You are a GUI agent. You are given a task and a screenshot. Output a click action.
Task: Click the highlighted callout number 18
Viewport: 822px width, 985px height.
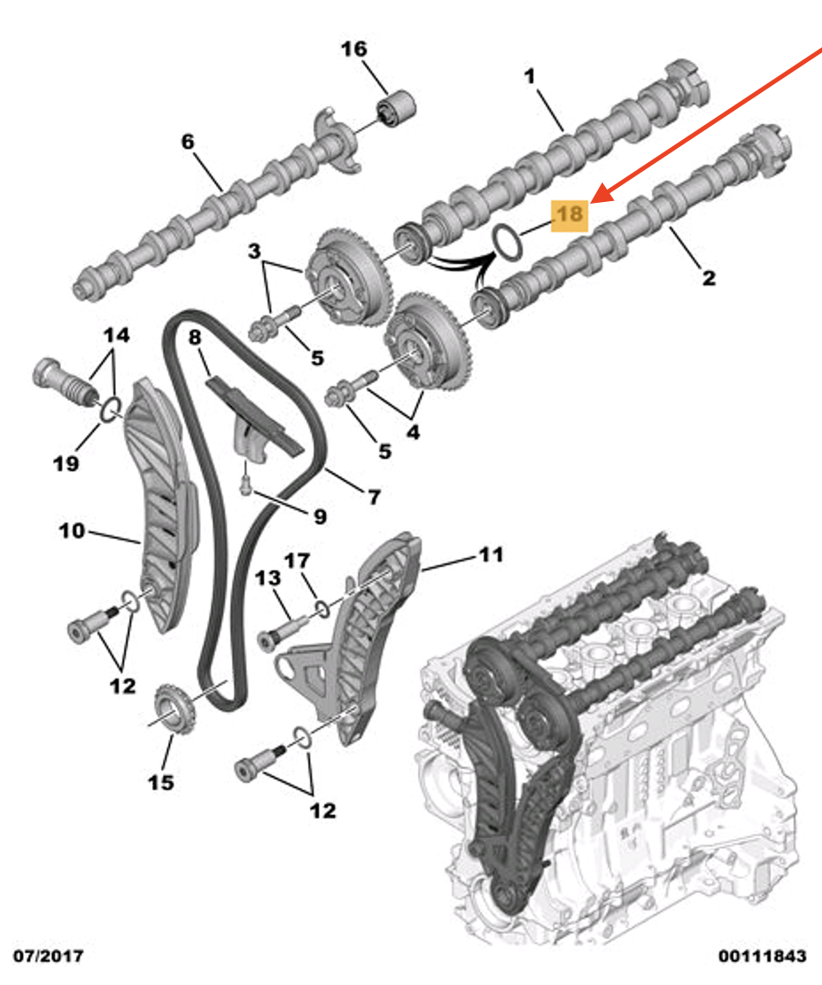[x=570, y=215]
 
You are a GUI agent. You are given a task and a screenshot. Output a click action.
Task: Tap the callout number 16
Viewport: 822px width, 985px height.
[x=353, y=49]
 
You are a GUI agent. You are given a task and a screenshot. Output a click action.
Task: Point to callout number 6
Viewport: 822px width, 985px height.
[x=188, y=142]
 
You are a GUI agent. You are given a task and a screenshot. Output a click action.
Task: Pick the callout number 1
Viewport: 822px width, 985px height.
[x=530, y=77]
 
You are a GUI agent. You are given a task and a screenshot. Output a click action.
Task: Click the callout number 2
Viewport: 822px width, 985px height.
[x=709, y=277]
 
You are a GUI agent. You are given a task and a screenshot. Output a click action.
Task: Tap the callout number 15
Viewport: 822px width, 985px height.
[x=160, y=782]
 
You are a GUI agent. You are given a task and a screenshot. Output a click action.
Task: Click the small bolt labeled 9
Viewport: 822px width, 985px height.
[x=245, y=483]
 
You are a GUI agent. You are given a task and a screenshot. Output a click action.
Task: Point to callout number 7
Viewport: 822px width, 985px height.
[x=374, y=497]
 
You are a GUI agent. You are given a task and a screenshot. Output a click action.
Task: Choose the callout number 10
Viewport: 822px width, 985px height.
[x=72, y=531]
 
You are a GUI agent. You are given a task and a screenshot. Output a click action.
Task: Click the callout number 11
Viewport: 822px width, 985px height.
[x=491, y=555]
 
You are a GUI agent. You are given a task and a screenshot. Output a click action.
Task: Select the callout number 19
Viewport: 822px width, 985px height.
[x=66, y=463]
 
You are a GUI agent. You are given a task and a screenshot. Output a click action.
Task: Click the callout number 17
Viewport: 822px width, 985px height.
[x=297, y=560]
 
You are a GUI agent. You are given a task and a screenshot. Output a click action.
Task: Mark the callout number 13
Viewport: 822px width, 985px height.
[x=268, y=578]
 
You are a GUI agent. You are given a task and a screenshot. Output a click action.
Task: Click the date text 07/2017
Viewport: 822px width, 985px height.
[x=49, y=956]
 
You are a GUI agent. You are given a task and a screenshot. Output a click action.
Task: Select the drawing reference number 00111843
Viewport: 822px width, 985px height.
[x=762, y=956]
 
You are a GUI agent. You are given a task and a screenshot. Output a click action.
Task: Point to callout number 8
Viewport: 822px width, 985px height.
[x=195, y=337]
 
